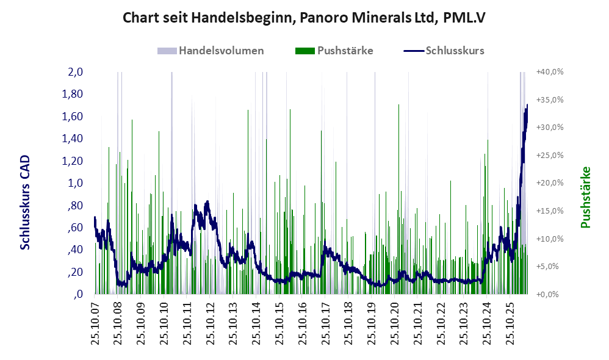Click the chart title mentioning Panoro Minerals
pyautogui.click(x=304, y=18)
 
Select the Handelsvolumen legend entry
pyautogui.click(x=211, y=51)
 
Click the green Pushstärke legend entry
pyautogui.click(x=334, y=51)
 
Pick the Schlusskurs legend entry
pyautogui.click(x=444, y=51)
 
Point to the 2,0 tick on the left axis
pyautogui.click(x=75, y=72)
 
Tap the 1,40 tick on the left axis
pyautogui.click(x=72, y=139)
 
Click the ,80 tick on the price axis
pyautogui.click(x=75, y=205)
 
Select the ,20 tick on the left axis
pyautogui.click(x=75, y=272)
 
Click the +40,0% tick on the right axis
pyautogui.click(x=550, y=72)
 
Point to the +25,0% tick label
pyautogui.click(x=550, y=156)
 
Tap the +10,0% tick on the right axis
pyautogui.click(x=550, y=239)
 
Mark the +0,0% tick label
pyautogui.click(x=548, y=294)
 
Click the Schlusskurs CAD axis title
pyautogui.click(x=24, y=202)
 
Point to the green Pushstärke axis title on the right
pyautogui.click(x=585, y=197)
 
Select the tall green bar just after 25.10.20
pyautogui.click(x=398, y=199)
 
